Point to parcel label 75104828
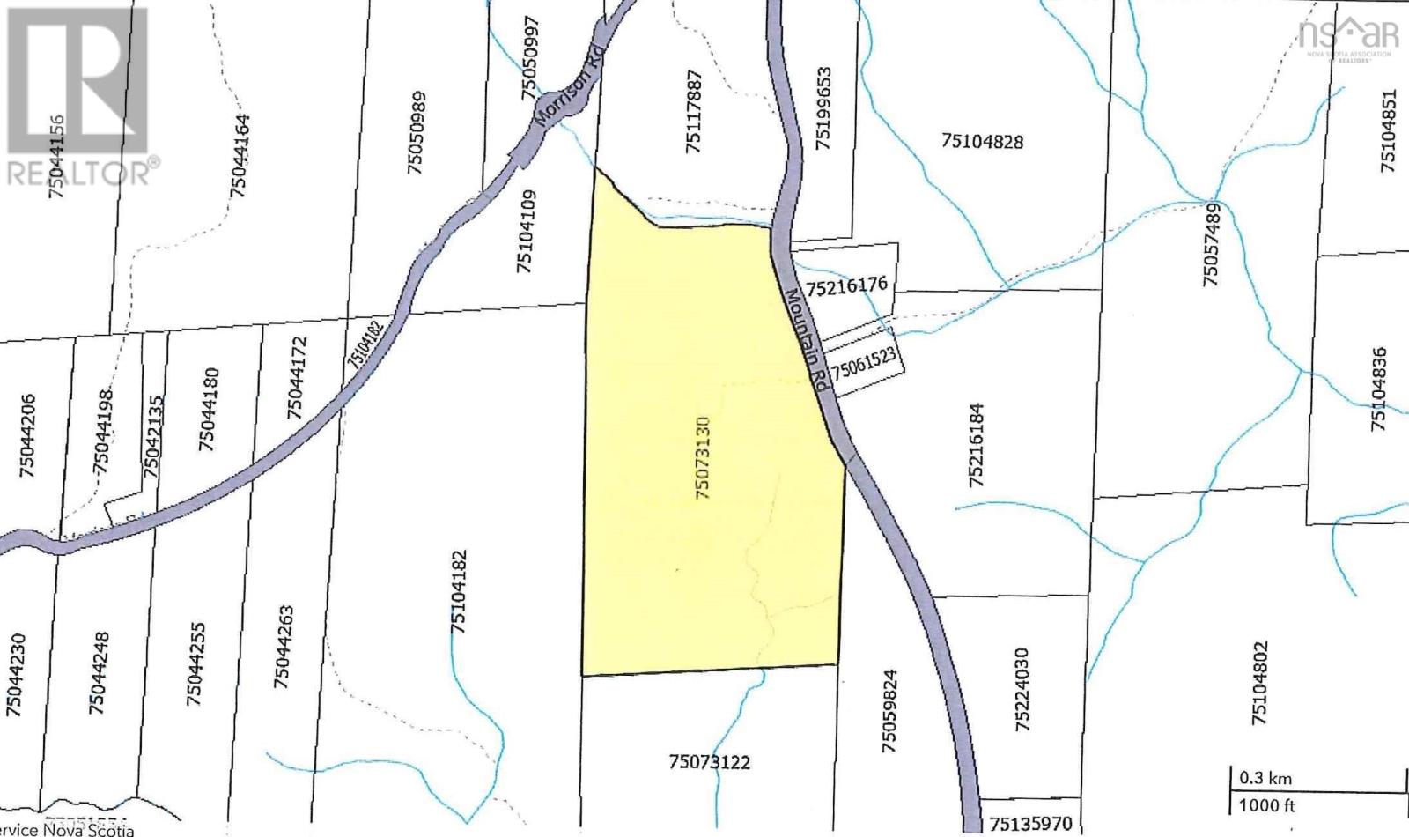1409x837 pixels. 982,141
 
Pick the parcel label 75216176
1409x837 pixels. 850,285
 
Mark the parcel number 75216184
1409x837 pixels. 976,446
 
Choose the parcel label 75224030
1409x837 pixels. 1022,691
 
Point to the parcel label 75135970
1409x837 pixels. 1030,825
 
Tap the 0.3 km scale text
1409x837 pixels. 1265,779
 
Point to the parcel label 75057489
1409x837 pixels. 1212,244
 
